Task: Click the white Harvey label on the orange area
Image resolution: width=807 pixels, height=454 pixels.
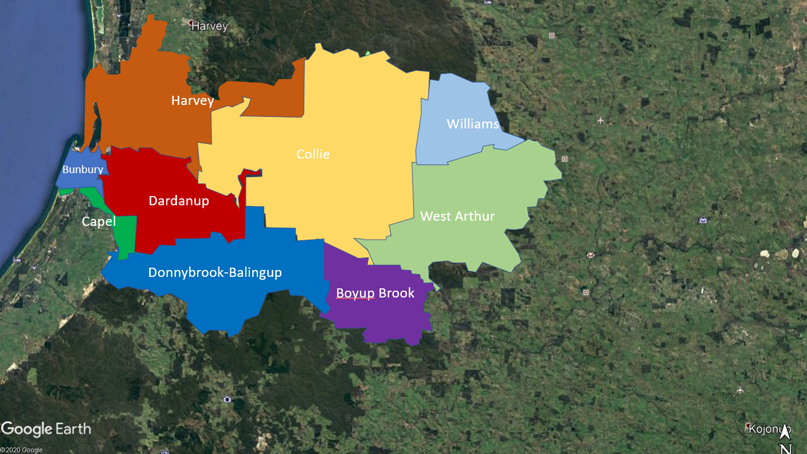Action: point(193,101)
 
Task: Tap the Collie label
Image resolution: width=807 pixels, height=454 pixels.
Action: point(313,154)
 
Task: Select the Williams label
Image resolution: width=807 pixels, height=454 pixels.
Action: point(472,124)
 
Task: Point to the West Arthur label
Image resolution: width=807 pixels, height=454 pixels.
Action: point(457,216)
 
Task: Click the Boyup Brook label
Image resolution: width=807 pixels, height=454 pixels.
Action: point(375,293)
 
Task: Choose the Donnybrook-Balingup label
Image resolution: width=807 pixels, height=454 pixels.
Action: point(215,272)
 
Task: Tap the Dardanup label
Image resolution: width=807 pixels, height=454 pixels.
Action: point(179,201)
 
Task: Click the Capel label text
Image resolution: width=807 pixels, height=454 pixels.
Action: point(99,222)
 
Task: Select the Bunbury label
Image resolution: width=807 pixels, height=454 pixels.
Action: point(83,170)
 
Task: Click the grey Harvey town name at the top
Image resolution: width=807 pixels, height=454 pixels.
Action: point(209,26)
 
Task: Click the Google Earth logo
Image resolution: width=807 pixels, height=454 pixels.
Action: point(46,429)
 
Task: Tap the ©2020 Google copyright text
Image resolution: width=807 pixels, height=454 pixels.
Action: point(22,450)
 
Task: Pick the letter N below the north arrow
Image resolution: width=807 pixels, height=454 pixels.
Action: point(786,449)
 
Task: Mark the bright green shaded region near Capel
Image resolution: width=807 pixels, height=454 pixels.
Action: point(126,235)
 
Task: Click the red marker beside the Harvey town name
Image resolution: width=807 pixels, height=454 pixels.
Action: point(191,23)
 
